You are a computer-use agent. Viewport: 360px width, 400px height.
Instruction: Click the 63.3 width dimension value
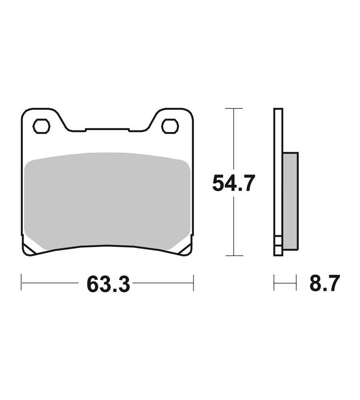(108, 283)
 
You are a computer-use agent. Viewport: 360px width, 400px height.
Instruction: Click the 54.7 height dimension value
(234, 183)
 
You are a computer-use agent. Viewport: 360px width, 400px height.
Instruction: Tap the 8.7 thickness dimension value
(325, 283)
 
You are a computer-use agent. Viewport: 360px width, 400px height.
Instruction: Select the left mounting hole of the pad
(41, 126)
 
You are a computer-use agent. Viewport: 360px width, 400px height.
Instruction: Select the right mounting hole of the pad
(170, 126)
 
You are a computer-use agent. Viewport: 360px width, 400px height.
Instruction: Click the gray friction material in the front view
(108, 201)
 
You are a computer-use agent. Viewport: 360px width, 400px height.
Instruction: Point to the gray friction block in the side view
(290, 201)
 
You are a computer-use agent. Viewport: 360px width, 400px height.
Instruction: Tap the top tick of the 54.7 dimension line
(234, 108)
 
